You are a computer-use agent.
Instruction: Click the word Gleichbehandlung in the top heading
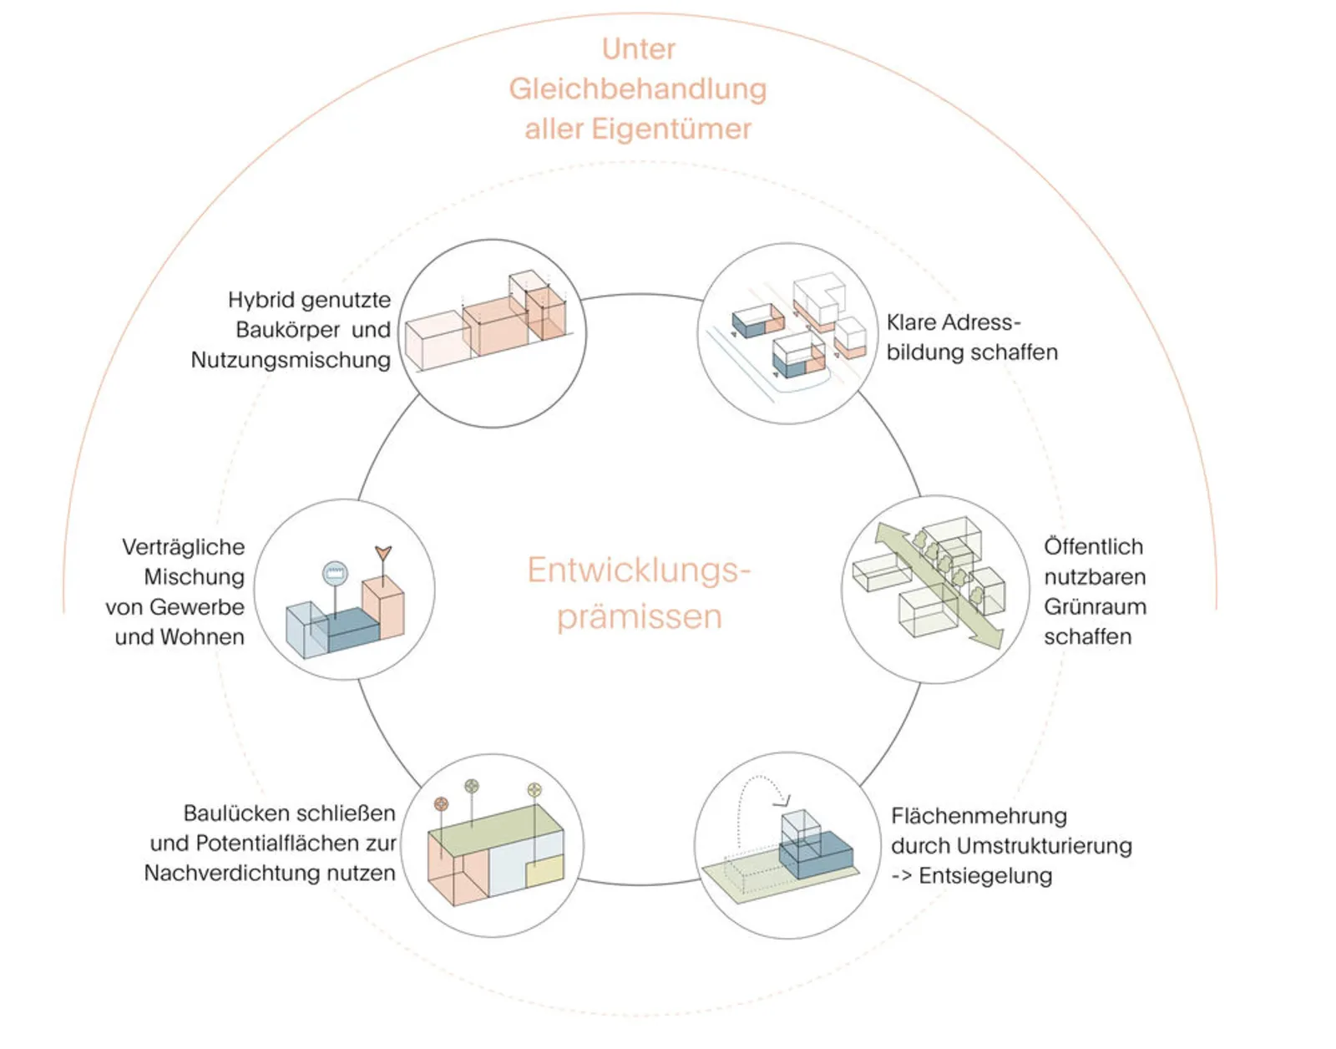click(638, 89)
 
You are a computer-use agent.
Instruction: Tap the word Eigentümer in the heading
click(671, 129)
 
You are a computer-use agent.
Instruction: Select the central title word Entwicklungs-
click(639, 570)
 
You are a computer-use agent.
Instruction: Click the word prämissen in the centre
click(639, 617)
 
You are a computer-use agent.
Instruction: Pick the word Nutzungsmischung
click(291, 360)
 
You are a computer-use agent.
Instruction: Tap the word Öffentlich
click(1093, 547)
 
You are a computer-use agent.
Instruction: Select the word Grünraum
click(1095, 607)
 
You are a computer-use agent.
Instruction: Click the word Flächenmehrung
click(979, 816)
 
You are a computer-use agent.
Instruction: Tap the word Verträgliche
click(184, 547)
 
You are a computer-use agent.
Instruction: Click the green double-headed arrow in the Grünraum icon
click(939, 585)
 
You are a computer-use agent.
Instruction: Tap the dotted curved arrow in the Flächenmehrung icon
click(760, 793)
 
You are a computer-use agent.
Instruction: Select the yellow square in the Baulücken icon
click(544, 873)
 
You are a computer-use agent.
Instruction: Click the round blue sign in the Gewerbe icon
click(335, 573)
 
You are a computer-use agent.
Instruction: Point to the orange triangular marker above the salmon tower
click(383, 553)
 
